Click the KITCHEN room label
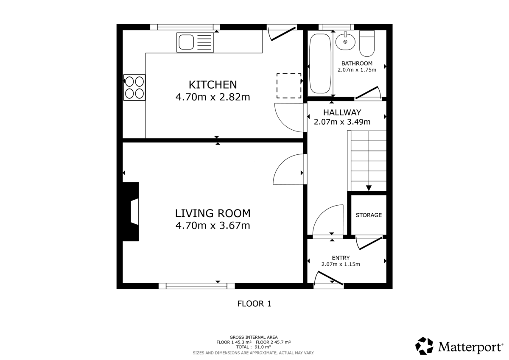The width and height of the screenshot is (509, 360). point(213,84)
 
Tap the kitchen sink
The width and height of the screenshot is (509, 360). point(196,42)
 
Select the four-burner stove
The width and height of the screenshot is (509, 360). point(134,87)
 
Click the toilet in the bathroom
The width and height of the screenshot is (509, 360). point(367,43)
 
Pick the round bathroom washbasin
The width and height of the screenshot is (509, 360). point(346,42)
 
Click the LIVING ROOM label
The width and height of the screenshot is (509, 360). point(213,213)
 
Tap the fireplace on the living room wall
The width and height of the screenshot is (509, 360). point(131,212)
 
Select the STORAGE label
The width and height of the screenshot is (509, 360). point(369,215)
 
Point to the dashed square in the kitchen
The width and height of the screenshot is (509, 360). point(289,86)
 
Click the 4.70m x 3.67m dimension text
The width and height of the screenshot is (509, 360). point(213,226)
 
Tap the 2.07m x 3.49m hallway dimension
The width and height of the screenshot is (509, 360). point(342,122)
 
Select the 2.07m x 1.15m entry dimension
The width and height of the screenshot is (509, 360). point(341,264)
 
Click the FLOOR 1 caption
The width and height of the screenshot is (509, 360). point(254,304)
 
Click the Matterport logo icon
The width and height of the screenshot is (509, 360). point(424,346)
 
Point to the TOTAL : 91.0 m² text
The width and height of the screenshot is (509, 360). point(254,347)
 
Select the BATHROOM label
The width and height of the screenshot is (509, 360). point(357,64)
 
